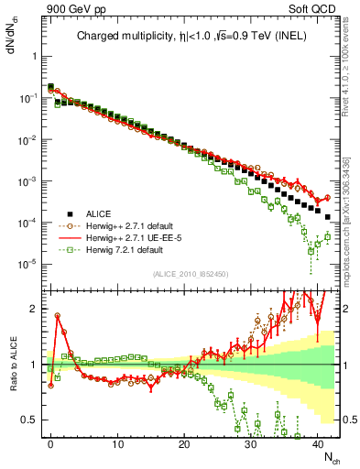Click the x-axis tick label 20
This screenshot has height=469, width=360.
tap(184, 442)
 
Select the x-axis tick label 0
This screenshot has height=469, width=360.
tap(50, 442)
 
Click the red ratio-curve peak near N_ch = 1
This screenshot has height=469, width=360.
tap(57, 315)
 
